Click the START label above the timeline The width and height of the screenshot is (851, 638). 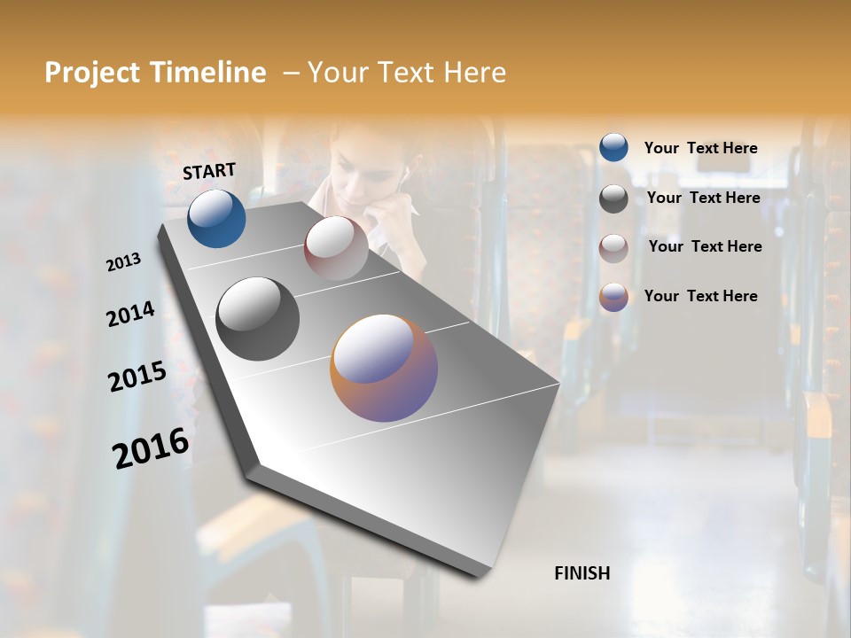coord(209,170)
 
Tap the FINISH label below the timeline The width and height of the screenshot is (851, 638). coord(582,573)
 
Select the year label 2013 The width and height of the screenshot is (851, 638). coord(123,262)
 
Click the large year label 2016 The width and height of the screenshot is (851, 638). coord(151,448)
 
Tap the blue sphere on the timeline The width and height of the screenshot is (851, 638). coord(216,218)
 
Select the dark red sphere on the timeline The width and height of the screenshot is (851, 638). coord(336,248)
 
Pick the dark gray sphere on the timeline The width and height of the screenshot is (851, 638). coord(257,319)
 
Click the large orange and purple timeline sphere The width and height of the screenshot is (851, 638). coord(384,368)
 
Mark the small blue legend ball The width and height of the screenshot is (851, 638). coord(613,148)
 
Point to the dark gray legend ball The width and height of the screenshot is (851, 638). coord(613,198)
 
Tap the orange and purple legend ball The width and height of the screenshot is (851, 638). coord(613,297)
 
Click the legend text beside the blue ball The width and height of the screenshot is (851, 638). coord(700,148)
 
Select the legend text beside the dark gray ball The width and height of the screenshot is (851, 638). coord(703,198)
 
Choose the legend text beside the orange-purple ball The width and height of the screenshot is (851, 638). coord(700,296)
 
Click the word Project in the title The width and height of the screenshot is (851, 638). coord(91,73)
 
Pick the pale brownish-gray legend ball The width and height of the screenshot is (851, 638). coord(613,248)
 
